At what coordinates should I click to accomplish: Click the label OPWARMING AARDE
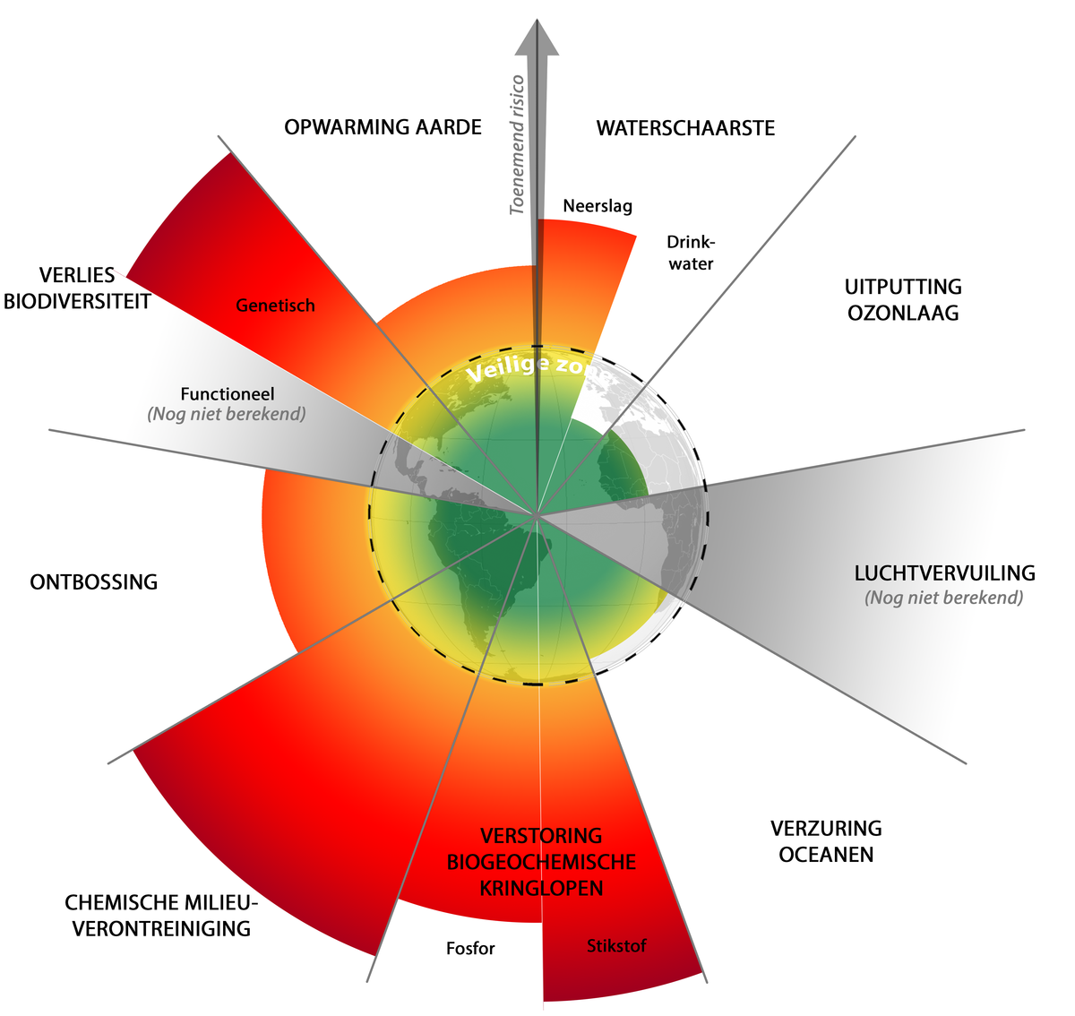[x=383, y=127]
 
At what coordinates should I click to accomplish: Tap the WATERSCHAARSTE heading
[x=685, y=128]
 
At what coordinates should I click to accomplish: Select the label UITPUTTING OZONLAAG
[x=903, y=300]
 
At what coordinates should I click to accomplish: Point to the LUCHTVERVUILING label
[x=944, y=573]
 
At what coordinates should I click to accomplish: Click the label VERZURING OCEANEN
[x=826, y=841]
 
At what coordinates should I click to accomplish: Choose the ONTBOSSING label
[x=94, y=582]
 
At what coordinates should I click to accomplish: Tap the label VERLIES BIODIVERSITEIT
[x=77, y=288]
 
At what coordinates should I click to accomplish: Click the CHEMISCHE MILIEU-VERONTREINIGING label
[x=161, y=915]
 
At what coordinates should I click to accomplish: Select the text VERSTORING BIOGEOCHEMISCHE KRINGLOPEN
[x=541, y=862]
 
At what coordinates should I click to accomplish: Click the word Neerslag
[x=598, y=206]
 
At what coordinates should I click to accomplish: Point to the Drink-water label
[x=691, y=253]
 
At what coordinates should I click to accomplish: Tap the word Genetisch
[x=275, y=306]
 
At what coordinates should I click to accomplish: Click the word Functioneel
[x=228, y=394]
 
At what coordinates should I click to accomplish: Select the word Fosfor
[x=470, y=948]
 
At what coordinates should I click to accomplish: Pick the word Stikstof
[x=616, y=945]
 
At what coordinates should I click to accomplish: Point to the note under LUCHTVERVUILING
[x=943, y=598]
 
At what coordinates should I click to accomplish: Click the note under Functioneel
[x=227, y=414]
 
